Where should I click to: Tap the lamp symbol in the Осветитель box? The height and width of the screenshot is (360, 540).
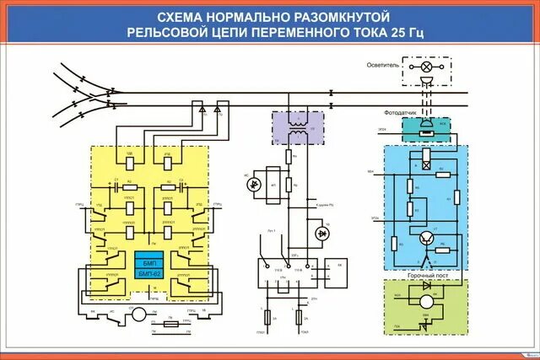pos(427,66)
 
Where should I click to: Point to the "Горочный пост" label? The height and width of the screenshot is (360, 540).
pos(425,275)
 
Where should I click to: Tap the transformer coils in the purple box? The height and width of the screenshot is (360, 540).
pos(295,129)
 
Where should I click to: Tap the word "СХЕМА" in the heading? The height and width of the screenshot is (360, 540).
pos(181,16)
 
